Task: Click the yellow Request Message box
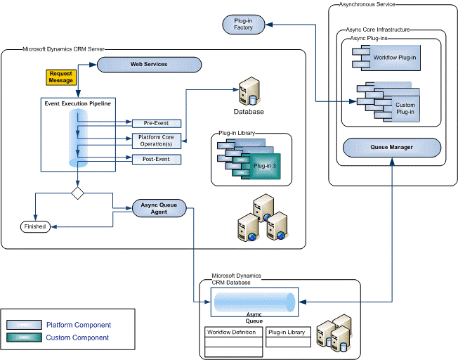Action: [61, 77]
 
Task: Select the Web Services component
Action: [149, 64]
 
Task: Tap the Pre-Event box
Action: [156, 123]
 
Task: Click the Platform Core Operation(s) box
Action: [156, 140]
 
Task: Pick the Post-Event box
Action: [156, 160]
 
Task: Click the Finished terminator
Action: [34, 226]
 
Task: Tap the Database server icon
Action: [248, 92]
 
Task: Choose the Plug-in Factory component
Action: [243, 25]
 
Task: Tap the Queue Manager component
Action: [391, 148]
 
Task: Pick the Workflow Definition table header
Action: [234, 332]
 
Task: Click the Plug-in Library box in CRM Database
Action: [287, 332]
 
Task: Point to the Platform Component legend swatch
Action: [24, 325]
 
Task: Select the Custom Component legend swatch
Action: [24, 337]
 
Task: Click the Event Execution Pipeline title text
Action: [77, 103]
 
